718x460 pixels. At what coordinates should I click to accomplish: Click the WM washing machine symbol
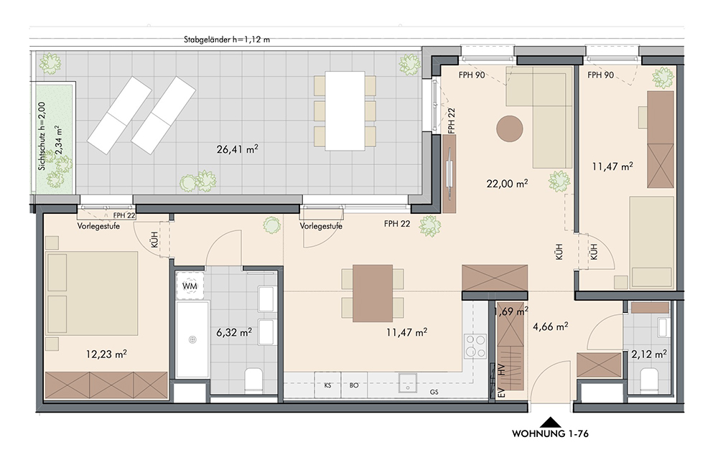(190, 286)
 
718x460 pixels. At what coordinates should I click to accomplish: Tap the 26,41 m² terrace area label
(237, 149)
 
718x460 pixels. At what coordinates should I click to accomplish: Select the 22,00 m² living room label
(507, 184)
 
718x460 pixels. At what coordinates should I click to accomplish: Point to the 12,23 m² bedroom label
(106, 354)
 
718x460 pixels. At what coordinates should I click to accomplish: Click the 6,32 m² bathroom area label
(234, 332)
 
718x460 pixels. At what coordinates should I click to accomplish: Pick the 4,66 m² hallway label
(551, 327)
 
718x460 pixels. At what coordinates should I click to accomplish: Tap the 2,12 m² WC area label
(649, 354)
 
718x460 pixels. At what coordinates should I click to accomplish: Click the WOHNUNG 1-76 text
(550, 433)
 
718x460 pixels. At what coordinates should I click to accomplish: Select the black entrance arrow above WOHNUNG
(551, 421)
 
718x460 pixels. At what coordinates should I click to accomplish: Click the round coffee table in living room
(510, 128)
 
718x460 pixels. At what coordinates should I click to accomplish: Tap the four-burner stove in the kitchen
(475, 346)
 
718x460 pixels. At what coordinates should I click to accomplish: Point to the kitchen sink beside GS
(407, 383)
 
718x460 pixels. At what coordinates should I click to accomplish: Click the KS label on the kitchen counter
(328, 385)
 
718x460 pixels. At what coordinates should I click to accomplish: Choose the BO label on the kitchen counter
(354, 385)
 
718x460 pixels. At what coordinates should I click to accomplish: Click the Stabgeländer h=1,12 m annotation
(227, 39)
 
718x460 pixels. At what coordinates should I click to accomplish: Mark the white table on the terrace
(345, 111)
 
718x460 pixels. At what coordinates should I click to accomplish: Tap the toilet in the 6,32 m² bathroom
(253, 381)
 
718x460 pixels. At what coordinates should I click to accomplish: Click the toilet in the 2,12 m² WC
(648, 381)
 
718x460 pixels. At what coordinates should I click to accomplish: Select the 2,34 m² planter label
(58, 141)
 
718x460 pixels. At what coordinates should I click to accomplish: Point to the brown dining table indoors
(373, 294)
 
